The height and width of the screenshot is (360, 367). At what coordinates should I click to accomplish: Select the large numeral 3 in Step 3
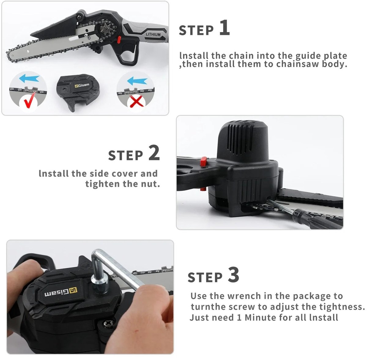(x=233, y=275)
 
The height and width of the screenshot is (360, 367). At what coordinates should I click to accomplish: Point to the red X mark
(x=136, y=101)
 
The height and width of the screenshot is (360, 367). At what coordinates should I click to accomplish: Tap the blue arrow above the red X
(x=137, y=81)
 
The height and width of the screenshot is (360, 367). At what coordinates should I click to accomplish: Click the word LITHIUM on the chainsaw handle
(x=153, y=34)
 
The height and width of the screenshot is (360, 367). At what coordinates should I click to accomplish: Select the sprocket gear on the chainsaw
(x=106, y=29)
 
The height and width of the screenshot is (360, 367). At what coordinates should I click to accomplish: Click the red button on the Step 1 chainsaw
(x=119, y=39)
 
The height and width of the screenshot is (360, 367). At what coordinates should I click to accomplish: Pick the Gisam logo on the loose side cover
(x=82, y=85)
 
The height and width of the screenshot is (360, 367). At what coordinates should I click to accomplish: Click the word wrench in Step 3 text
(x=245, y=296)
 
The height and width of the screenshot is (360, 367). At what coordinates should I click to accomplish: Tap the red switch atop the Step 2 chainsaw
(x=204, y=161)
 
